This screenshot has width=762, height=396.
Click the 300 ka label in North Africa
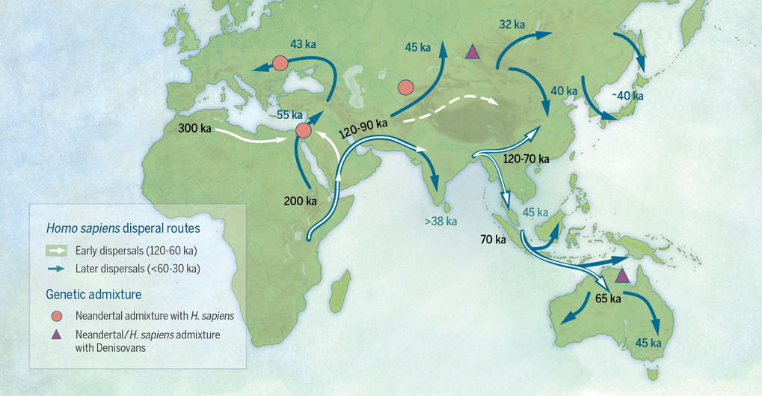pos(194,129)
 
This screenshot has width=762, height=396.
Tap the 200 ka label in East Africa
pos(301,201)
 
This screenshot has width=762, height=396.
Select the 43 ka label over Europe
pos(304,44)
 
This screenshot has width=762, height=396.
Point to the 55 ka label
pos(290,115)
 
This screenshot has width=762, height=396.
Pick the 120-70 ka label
pos(526,159)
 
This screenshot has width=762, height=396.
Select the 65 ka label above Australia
pos(608,298)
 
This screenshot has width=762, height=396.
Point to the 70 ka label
pos(494,240)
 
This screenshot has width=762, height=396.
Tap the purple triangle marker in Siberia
pos(472,52)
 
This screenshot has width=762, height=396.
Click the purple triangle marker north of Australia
pos(621,276)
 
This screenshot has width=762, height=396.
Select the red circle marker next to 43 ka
pos(280,64)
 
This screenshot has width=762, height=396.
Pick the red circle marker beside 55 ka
pos(304,132)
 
